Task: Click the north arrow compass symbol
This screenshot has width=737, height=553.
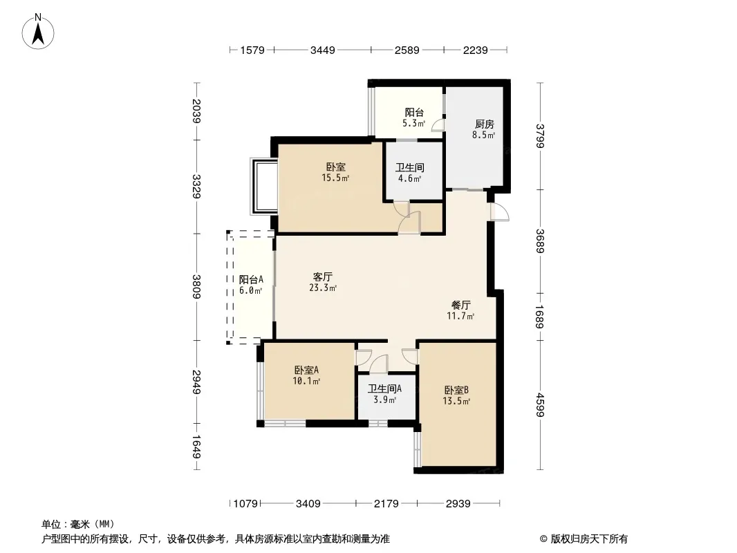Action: (38, 32)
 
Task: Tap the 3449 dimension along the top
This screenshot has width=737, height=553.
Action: (322, 50)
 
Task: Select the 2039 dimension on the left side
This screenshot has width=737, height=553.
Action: (197, 111)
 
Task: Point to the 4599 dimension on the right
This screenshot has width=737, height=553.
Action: (540, 404)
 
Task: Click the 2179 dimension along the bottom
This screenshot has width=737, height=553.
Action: (386, 504)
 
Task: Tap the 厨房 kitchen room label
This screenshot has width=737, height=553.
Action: (484, 124)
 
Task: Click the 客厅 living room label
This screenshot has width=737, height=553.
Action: (322, 276)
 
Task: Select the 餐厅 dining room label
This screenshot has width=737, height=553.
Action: (460, 305)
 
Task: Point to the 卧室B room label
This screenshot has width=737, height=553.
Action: (456, 390)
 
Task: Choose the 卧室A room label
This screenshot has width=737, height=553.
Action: (306, 370)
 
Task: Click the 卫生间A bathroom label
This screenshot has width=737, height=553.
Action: (384, 388)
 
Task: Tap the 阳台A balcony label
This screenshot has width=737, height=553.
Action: (251, 279)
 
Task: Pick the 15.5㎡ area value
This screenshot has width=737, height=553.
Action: (335, 178)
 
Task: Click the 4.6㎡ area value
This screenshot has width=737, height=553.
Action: (409, 178)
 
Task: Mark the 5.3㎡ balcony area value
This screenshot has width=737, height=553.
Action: (413, 124)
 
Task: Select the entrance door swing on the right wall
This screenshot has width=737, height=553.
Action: (499, 212)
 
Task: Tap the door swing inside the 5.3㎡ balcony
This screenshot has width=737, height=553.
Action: (438, 124)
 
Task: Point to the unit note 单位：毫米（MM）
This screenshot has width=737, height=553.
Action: (78, 524)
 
